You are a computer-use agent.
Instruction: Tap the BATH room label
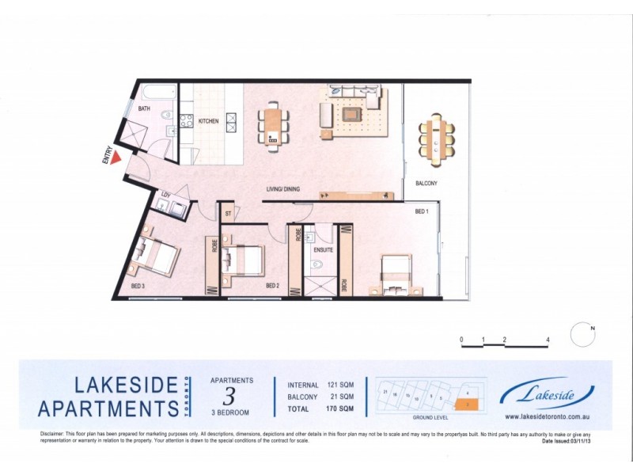pyautogui.click(x=144, y=108)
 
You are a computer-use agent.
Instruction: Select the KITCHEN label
pyautogui.click(x=208, y=121)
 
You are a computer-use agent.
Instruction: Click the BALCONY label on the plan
pyautogui.click(x=426, y=184)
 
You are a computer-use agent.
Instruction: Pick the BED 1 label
pyautogui.click(x=423, y=211)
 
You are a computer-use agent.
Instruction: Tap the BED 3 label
pyautogui.click(x=138, y=286)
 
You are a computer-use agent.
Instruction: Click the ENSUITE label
pyautogui.click(x=323, y=249)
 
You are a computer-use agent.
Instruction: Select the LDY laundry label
pyautogui.click(x=166, y=195)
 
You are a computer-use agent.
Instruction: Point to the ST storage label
pyautogui.click(x=228, y=213)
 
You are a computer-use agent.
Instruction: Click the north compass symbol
pyautogui.click(x=582, y=333)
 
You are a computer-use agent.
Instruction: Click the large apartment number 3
pyautogui.click(x=229, y=394)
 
